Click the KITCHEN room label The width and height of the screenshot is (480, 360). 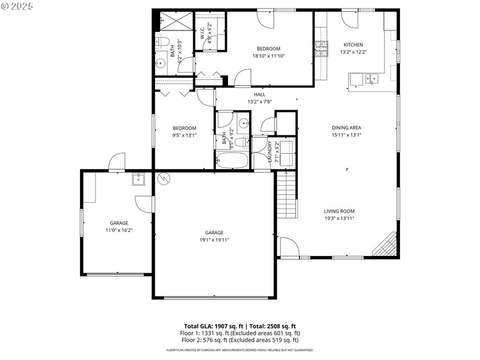(353, 45)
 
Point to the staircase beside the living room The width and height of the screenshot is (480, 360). (287, 195)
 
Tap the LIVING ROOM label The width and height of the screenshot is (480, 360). (339, 210)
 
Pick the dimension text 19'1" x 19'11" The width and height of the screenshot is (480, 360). (214, 241)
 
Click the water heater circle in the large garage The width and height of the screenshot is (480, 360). (164, 178)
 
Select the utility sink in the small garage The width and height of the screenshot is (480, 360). (139, 179)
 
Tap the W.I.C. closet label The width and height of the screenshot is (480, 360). (203, 33)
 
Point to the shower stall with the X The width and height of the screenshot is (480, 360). (174, 21)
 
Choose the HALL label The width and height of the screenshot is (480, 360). (259, 94)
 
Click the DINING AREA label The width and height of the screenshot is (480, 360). (347, 127)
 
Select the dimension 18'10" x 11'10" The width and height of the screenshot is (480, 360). (268, 56)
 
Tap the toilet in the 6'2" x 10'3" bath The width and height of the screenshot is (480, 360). (161, 42)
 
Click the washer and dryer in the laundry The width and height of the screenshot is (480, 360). (285, 153)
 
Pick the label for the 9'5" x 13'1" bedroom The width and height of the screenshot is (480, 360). (185, 128)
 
